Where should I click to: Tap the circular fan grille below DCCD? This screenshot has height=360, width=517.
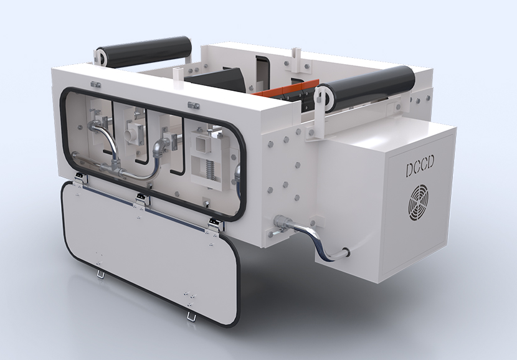coord(418,202)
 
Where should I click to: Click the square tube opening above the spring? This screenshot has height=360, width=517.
coord(201,144)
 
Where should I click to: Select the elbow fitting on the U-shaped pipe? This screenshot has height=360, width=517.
coord(159,146)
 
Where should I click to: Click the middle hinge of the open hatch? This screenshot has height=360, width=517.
coord(143,199)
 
